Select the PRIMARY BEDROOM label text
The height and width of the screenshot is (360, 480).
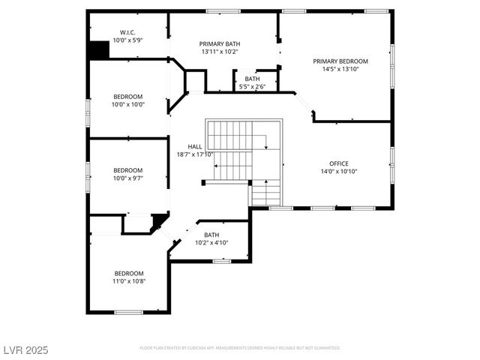[340, 61]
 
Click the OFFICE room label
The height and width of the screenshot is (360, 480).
[339, 163]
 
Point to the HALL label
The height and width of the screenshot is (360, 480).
[194, 146]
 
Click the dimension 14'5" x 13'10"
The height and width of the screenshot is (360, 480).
[340, 69]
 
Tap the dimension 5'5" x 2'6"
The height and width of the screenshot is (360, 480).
[252, 87]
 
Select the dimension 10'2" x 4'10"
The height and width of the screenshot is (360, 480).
[211, 243]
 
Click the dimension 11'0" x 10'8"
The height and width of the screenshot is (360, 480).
[129, 281]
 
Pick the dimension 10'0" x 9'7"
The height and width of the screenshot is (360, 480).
[128, 178]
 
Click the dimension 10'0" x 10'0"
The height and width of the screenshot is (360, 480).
[128, 104]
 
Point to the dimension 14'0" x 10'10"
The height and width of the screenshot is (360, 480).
[339, 172]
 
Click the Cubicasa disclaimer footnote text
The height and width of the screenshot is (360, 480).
[240, 348]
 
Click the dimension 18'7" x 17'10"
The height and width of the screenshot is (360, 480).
[195, 154]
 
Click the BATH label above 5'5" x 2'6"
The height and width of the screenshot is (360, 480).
[252, 79]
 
